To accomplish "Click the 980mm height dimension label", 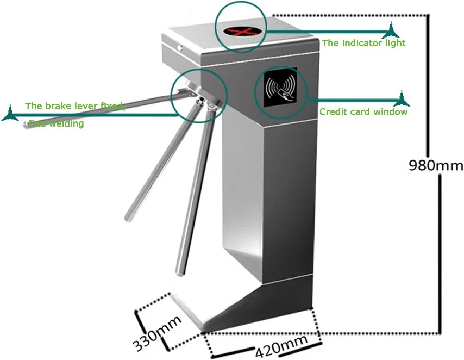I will [x=436, y=165].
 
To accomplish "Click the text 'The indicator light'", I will [x=363, y=43].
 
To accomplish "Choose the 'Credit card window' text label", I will [x=363, y=112].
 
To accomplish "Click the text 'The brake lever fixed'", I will [x=75, y=105].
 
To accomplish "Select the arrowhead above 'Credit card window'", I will [x=402, y=99].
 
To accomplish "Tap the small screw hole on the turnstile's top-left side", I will [x=180, y=47].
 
